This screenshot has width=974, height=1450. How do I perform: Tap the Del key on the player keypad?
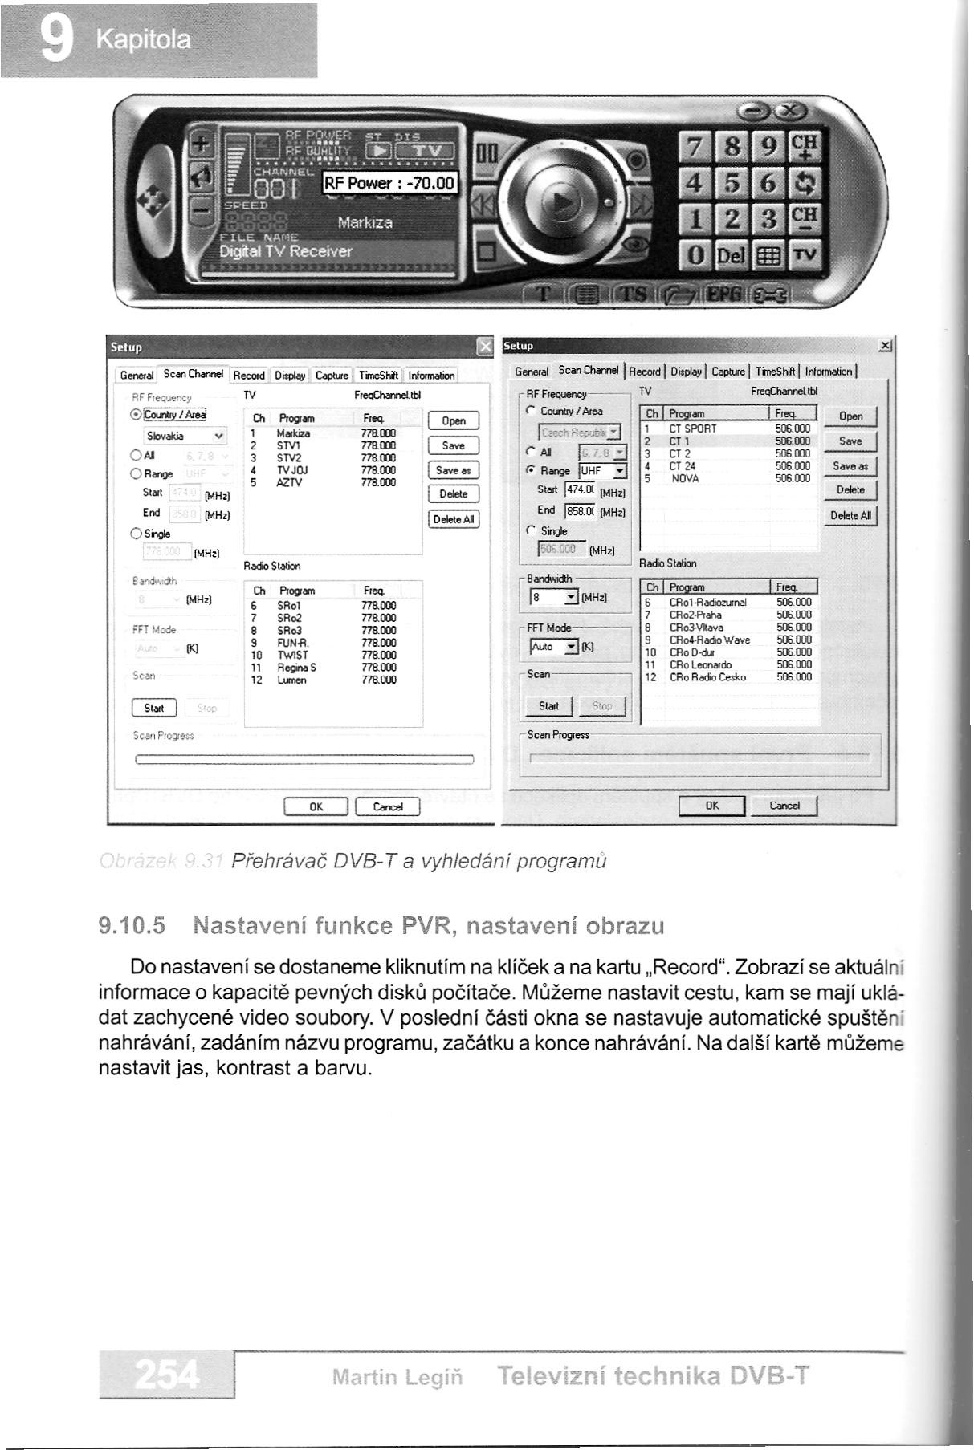point(731,256)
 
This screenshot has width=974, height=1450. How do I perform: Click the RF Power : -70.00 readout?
point(389,184)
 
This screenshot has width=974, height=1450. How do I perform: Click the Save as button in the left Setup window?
point(453,471)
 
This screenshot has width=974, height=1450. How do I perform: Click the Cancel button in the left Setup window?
point(387,806)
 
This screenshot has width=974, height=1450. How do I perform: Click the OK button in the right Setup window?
point(712,806)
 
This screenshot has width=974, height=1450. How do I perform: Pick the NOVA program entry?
point(685,478)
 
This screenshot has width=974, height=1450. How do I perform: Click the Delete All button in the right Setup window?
point(850,515)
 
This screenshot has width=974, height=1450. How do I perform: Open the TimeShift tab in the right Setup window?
point(775,371)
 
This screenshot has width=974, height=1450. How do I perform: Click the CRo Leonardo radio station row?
point(700,664)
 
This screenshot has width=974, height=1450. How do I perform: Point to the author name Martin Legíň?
point(398,1378)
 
